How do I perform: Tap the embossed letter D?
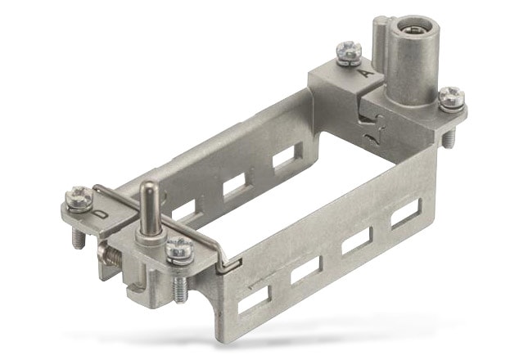pos(98,215)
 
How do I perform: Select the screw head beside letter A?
pos(350,53)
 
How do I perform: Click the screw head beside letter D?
pos(80,197)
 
